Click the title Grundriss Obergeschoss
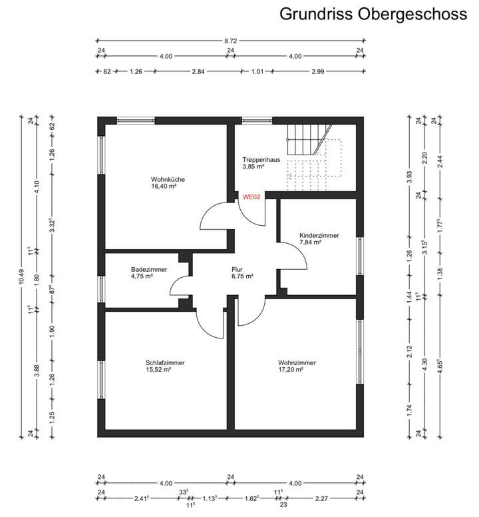tap(373, 14)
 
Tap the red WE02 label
tap(251, 197)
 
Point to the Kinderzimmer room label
tap(320, 235)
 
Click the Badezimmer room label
tap(149, 269)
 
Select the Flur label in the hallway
tap(238, 269)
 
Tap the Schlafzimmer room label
tap(165, 362)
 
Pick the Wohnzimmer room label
tap(297, 362)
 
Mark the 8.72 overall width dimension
tap(230, 41)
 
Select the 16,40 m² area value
tap(163, 187)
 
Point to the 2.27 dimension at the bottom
tap(321, 498)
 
